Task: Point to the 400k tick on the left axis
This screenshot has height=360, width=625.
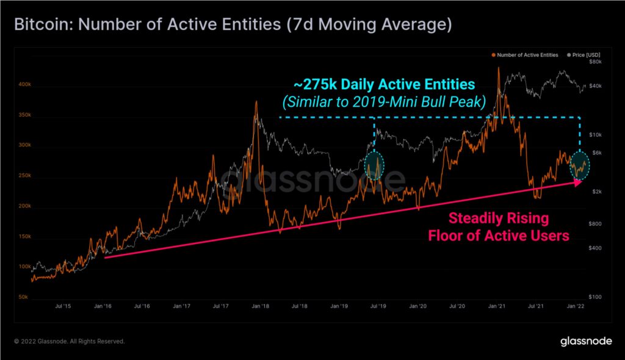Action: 19,85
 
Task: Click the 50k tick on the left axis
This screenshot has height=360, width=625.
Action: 20,297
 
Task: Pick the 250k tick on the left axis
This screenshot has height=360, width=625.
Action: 19,176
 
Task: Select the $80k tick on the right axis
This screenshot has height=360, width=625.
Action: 596,62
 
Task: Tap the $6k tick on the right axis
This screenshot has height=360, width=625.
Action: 596,153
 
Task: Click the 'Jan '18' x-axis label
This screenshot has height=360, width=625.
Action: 259,304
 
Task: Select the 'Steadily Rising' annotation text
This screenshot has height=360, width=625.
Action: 499,218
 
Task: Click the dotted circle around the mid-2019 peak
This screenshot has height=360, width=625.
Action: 374,165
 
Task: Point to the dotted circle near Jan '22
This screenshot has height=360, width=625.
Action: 579,165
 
